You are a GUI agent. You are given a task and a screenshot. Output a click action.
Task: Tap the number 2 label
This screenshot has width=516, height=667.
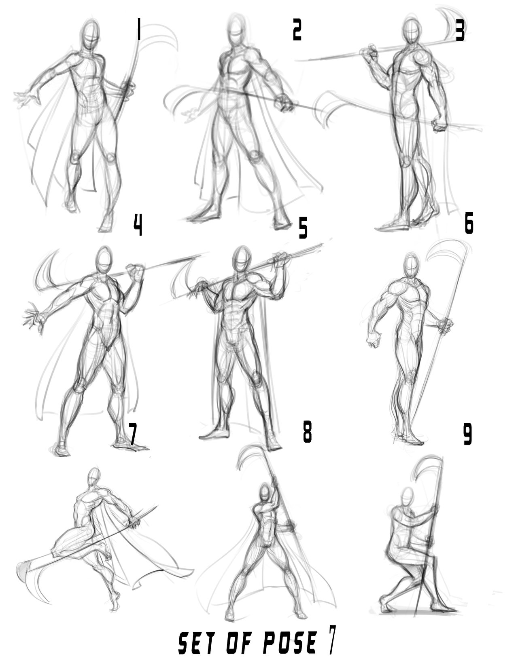coord(297,30)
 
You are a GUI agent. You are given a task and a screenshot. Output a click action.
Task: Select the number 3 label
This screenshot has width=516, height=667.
coord(460,30)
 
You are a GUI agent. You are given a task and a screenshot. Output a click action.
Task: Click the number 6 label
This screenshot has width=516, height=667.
coord(469,223)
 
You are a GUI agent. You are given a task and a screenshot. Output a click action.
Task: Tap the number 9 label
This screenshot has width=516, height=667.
coord(467,434)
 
